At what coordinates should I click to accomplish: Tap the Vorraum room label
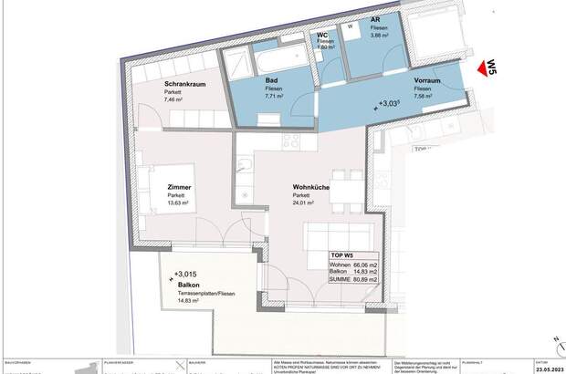tap(427, 81)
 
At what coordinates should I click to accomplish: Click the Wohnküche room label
tap(311, 187)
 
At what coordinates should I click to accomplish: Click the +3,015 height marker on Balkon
tap(183, 274)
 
